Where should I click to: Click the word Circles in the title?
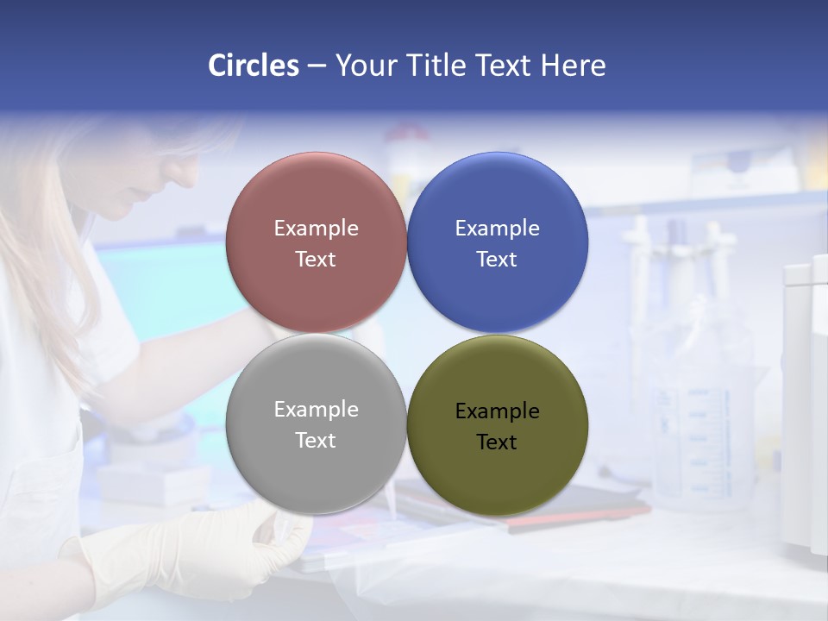coord(253,66)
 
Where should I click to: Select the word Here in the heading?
coord(573,66)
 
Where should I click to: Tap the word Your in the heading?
coord(367,66)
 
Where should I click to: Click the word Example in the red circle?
coord(316,229)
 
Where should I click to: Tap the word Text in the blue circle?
coord(497,260)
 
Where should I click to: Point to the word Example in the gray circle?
coord(316,410)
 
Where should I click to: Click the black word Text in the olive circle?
coord(497,442)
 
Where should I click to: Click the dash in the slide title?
coord(317,66)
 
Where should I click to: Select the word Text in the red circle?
coord(316,260)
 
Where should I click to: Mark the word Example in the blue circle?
coord(497,229)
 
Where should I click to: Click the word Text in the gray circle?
coord(316,441)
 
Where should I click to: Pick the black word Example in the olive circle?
coord(497,411)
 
